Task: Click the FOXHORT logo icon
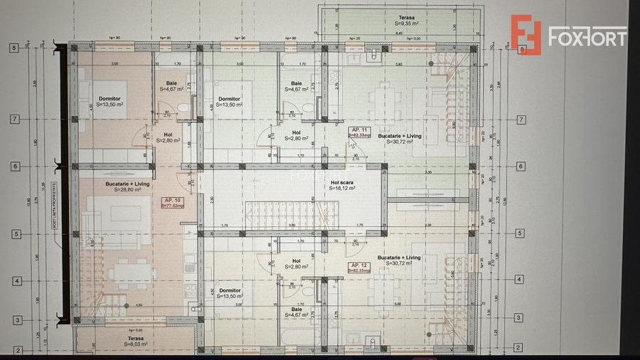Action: point(526,36)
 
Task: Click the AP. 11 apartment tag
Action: point(358,129)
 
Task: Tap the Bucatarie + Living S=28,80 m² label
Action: point(128,184)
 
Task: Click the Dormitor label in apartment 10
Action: point(110,98)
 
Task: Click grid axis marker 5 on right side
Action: point(522,233)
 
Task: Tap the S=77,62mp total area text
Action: point(174,206)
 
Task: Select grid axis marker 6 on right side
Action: point(522,166)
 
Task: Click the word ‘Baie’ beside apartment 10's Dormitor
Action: point(171,83)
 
